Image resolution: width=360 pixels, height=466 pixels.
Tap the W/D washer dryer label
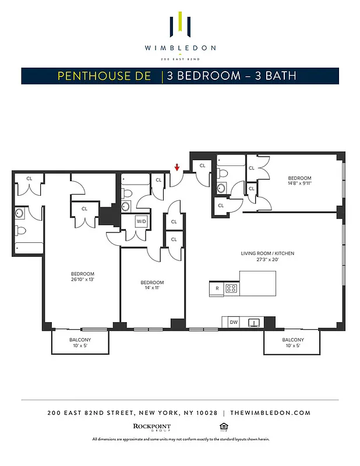click(x=141, y=221)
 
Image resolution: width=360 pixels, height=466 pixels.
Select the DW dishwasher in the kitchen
click(x=234, y=322)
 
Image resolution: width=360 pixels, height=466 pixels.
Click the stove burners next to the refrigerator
click(x=231, y=288)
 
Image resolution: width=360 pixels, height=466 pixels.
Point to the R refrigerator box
click(x=216, y=288)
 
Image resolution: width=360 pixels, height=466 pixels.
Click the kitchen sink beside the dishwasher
click(x=254, y=322)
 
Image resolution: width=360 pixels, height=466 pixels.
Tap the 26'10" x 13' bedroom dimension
click(x=82, y=280)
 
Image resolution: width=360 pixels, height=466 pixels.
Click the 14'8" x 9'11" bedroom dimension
click(x=299, y=184)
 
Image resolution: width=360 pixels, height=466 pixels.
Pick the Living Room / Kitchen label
click(x=267, y=253)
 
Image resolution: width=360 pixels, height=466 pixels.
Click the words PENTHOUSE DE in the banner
click(x=104, y=76)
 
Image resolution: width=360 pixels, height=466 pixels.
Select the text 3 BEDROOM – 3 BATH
click(x=231, y=76)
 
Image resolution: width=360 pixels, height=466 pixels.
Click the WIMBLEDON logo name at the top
click(x=180, y=48)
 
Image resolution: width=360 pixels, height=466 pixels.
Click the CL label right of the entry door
click(x=203, y=165)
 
